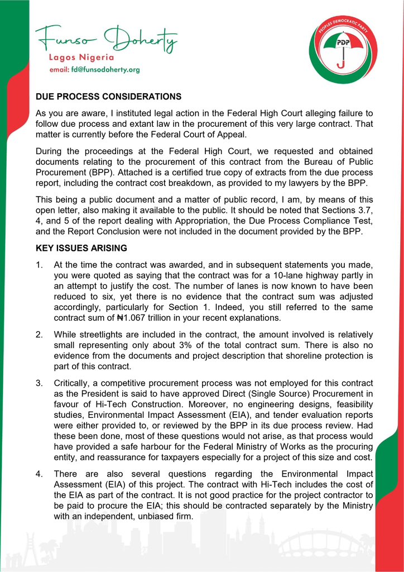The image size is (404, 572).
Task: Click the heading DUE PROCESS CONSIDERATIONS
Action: pos(108,96)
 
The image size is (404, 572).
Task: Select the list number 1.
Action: pos(39,263)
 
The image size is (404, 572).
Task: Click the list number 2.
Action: pos(39,334)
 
